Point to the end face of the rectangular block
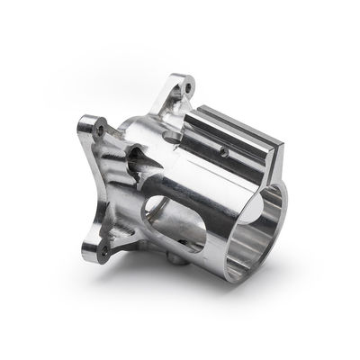[x=275, y=151]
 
